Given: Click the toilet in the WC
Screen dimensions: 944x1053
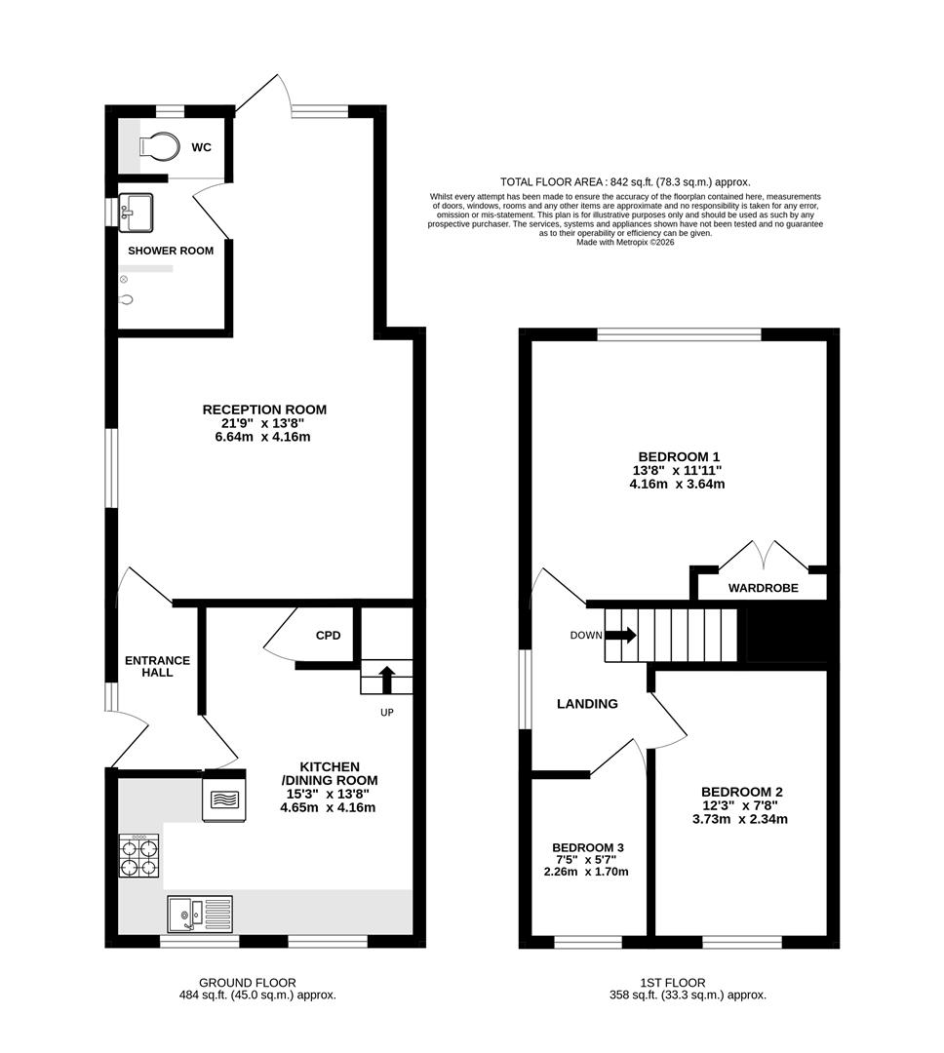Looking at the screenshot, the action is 160,145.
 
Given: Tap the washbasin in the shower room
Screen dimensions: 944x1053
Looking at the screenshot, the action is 136,213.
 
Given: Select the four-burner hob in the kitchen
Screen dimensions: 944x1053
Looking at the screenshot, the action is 139,856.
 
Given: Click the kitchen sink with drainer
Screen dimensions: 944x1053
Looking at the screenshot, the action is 200,914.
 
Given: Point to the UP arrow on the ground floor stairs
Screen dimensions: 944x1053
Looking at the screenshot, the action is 386,679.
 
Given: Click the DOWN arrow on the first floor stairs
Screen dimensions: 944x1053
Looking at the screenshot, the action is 621,635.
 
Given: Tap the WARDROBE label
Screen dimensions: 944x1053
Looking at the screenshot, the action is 764,588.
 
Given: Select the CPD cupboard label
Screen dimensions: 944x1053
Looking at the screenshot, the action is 328,636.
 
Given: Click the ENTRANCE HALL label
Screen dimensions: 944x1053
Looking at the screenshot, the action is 157,666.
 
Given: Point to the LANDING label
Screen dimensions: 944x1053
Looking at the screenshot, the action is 587,704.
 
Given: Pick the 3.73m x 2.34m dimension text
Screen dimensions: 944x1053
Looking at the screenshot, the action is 740,819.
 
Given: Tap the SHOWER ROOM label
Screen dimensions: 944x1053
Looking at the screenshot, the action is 171,251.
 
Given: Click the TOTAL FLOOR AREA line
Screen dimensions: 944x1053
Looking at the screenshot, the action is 625,182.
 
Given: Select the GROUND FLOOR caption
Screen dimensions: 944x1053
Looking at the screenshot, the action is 248,983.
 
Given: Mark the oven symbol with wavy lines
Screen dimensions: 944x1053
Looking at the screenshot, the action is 224,799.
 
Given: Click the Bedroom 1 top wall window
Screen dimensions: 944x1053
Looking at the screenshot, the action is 679,334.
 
